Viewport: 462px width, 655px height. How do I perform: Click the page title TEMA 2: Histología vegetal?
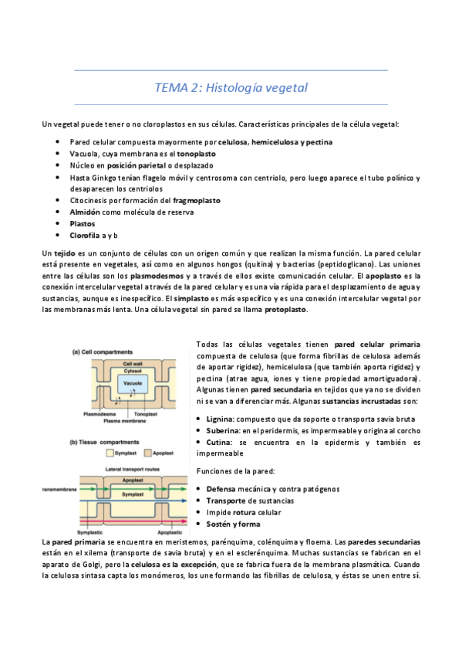point(231,87)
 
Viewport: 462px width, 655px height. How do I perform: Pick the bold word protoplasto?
point(285,310)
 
